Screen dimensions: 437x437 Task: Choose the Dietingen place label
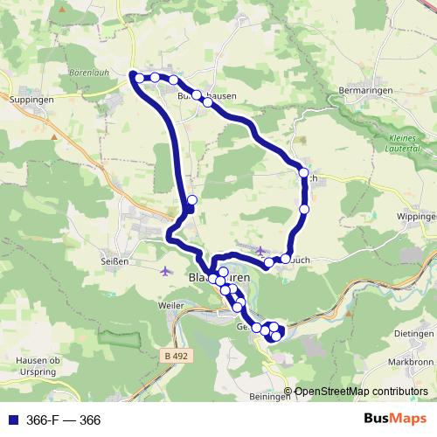pyautogui.click(x=413, y=334)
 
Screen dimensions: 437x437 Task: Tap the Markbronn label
pyautogui.click(x=412, y=362)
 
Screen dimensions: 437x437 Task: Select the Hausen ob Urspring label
pyautogui.click(x=37, y=366)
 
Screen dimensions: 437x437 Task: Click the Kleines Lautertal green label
pyautogui.click(x=403, y=144)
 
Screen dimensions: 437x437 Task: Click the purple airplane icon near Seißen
pyautogui.click(x=167, y=269)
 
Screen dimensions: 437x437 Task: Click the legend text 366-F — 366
pyautogui.click(x=63, y=420)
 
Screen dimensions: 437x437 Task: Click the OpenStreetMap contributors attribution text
pyautogui.click(x=361, y=392)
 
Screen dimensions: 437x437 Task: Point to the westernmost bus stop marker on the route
pyautogui.click(x=139, y=79)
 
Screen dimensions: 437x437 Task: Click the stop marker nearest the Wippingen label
pyautogui.click(x=304, y=210)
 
